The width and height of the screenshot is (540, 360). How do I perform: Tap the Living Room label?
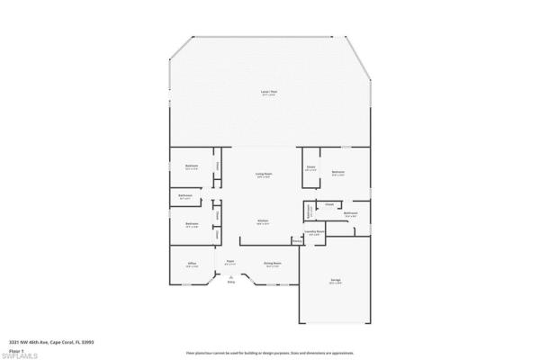(x=264, y=175)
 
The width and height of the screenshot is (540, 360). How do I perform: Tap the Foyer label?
(x=230, y=263)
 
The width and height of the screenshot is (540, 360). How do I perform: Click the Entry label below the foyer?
(x=230, y=283)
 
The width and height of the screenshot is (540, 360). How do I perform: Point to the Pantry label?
(x=296, y=241)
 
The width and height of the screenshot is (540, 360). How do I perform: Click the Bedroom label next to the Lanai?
(x=192, y=166)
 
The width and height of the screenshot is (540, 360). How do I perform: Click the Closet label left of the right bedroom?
(x=310, y=166)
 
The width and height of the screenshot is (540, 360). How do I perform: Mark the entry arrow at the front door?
(x=230, y=276)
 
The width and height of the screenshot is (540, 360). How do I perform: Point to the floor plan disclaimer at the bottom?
(x=269, y=354)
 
